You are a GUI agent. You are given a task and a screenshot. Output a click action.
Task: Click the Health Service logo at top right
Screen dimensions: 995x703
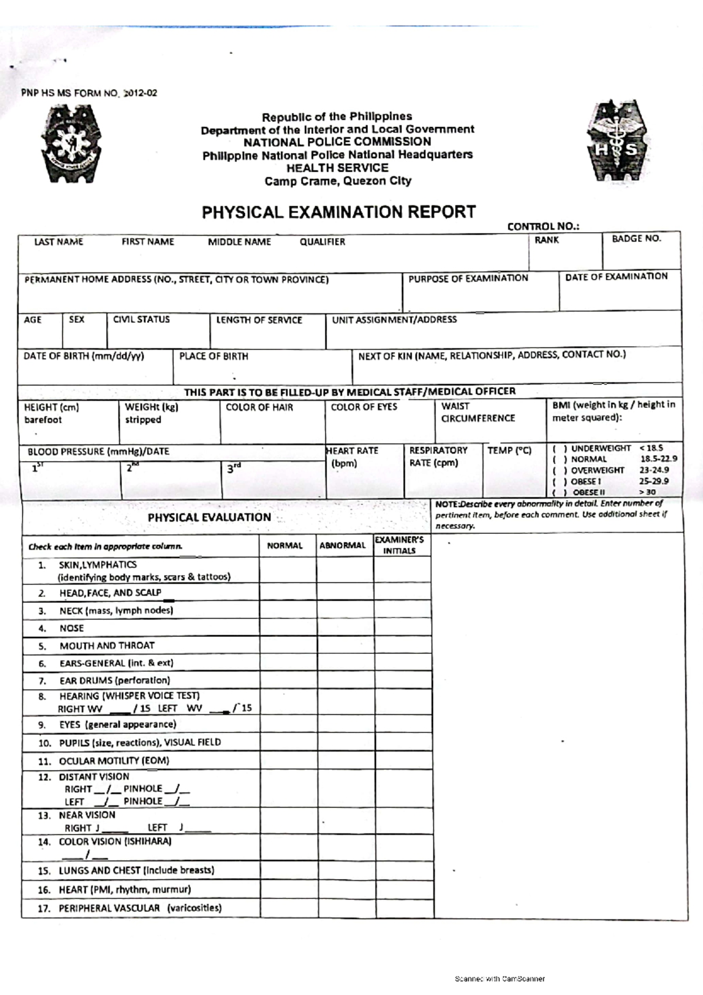619,143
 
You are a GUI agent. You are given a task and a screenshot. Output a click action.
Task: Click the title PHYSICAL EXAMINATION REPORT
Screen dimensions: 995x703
339,212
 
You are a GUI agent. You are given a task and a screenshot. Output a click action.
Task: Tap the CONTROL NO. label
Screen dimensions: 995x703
543,227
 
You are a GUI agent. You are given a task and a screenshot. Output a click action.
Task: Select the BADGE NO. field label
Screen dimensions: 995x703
636,238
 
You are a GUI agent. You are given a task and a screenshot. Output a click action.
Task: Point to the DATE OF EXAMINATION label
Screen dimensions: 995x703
616,277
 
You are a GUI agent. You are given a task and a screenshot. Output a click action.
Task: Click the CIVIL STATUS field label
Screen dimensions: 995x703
141,319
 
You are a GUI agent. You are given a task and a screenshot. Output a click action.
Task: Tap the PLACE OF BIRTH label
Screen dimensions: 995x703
213,356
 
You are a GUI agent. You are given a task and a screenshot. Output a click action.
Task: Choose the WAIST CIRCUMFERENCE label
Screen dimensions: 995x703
477,412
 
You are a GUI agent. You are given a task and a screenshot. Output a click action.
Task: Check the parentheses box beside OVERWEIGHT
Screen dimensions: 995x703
559,471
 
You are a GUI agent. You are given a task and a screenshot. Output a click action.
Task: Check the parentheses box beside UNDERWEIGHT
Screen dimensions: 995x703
559,448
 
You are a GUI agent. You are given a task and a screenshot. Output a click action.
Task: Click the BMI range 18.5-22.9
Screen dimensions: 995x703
658,459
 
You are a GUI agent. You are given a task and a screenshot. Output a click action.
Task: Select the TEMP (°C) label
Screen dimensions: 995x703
509,451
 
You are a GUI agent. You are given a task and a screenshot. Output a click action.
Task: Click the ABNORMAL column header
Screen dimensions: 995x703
343,546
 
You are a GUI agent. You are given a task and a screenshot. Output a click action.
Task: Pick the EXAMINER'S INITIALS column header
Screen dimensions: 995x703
400,545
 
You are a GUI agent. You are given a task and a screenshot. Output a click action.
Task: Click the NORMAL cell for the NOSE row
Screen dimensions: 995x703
288,628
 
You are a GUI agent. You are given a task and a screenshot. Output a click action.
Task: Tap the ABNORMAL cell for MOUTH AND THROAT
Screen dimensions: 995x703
345,646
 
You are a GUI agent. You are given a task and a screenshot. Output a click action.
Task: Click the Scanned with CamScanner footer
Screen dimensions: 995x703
500,979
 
